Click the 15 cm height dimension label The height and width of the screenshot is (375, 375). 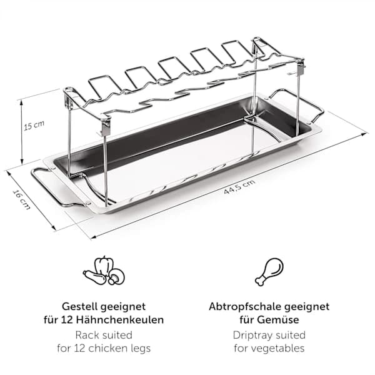pyautogui.click(x=34, y=125)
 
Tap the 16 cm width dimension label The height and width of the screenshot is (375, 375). pyautogui.click(x=21, y=200)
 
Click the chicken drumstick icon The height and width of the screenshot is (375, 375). pyautogui.click(x=269, y=271)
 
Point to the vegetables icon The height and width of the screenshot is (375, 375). pyautogui.click(x=104, y=271)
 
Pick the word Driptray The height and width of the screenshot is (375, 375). pyautogui.click(x=252, y=336)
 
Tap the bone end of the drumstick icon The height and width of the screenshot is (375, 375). pyautogui.click(x=260, y=281)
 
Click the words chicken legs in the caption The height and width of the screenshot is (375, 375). pyautogui.click(x=119, y=349)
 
